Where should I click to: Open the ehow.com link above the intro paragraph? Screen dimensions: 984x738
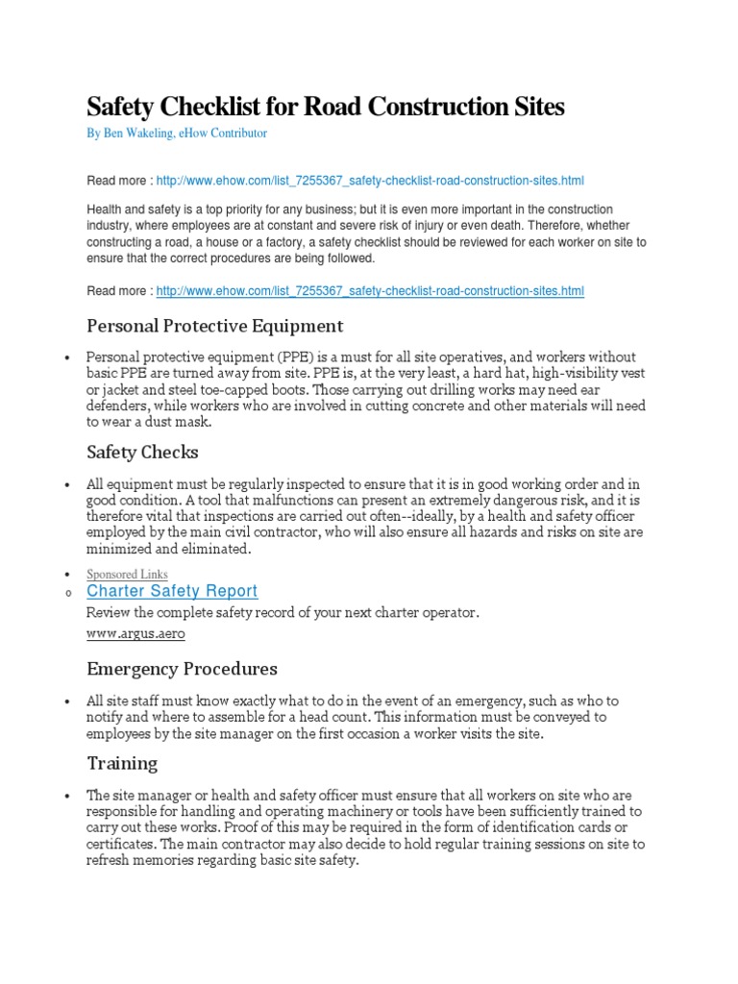(x=369, y=180)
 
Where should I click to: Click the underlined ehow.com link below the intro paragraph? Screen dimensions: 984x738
(x=369, y=291)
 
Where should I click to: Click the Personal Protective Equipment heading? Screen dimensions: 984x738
(x=214, y=326)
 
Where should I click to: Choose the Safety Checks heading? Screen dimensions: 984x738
(x=142, y=451)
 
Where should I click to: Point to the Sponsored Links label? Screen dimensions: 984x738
(x=127, y=574)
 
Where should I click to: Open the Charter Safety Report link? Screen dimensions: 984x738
(x=172, y=591)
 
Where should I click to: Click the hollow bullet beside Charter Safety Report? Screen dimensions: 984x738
(x=67, y=593)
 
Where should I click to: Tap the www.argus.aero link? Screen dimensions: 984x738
(x=135, y=634)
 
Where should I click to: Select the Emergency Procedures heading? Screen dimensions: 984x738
(x=182, y=668)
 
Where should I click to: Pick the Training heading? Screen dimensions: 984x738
(x=122, y=763)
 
